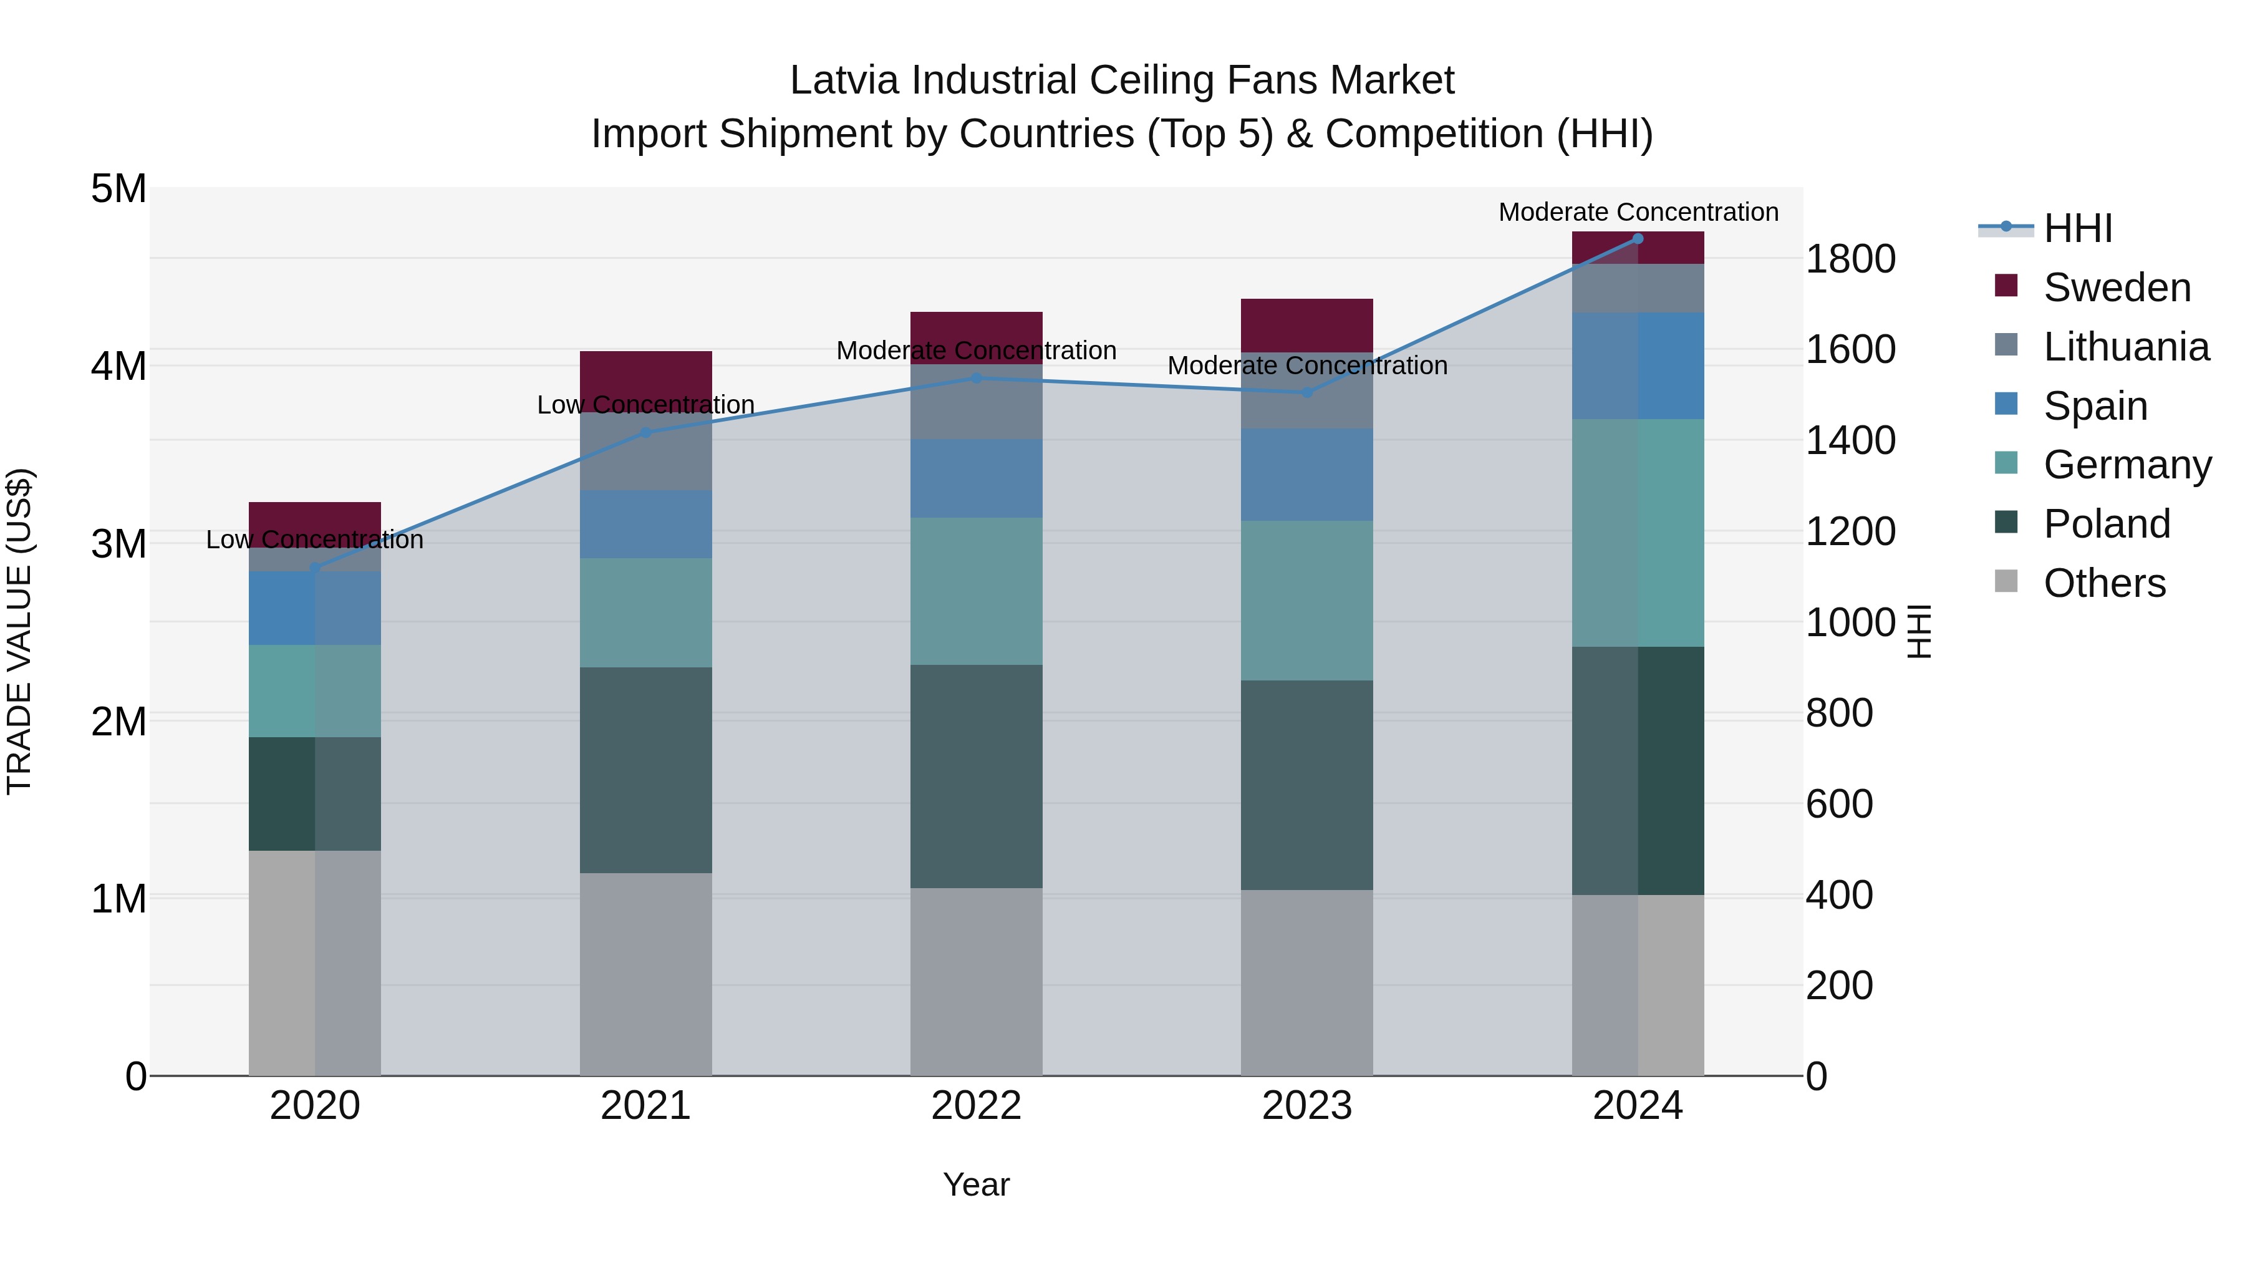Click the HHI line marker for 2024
point(1638,239)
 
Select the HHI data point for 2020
point(315,568)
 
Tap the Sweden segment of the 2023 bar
point(1306,325)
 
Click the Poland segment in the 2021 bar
point(646,770)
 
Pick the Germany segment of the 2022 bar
point(976,591)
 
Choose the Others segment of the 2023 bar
point(1306,982)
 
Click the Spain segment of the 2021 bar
point(646,524)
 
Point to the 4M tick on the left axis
point(118,366)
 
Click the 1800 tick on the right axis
point(1850,259)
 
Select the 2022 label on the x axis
point(976,1106)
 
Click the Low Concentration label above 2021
point(646,405)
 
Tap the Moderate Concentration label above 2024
point(1638,212)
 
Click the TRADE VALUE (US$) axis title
point(19,632)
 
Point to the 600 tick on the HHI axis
point(1839,804)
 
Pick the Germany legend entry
point(2127,465)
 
